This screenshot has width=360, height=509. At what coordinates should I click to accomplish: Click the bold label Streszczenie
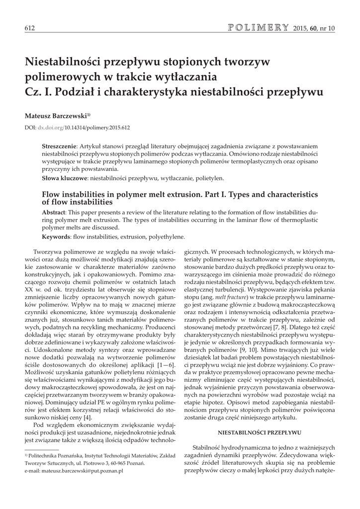click(x=59, y=148)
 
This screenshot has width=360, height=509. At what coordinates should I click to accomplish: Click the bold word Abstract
click(x=57, y=212)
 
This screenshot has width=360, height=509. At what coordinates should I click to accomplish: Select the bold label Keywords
click(x=56, y=237)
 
